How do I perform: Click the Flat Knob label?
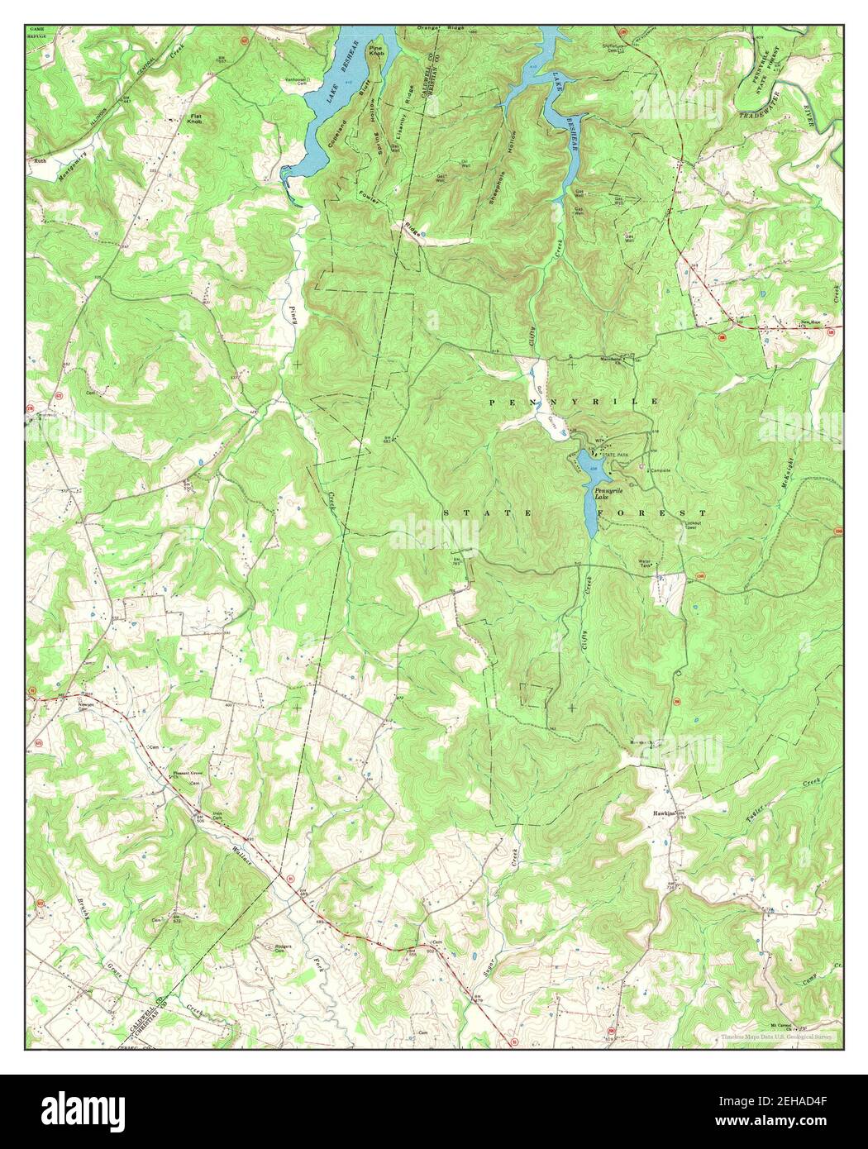coord(195,118)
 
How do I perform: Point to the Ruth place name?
coord(40,161)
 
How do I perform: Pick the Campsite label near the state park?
coord(659,470)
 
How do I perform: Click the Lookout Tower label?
coord(692,525)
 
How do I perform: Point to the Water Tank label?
coord(646,563)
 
